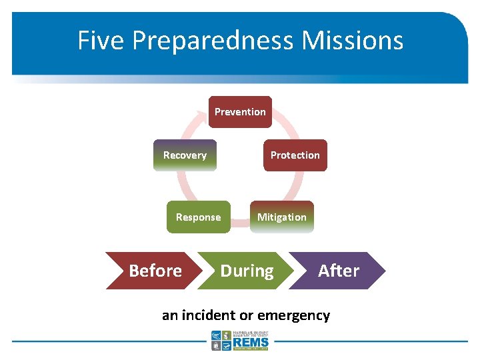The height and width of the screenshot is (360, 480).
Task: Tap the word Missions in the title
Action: pyautogui.click(x=352, y=40)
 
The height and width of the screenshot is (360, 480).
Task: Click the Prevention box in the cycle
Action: pyautogui.click(x=240, y=112)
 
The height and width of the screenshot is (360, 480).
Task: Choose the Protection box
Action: pyautogui.click(x=295, y=155)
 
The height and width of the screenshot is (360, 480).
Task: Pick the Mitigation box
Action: pyautogui.click(x=281, y=217)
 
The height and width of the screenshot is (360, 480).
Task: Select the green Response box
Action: pyautogui.click(x=198, y=217)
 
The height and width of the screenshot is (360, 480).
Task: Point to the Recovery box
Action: pyautogui.click(x=185, y=155)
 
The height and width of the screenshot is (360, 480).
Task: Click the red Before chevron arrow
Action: pyautogui.click(x=153, y=271)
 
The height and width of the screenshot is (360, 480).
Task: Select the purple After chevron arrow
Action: pyautogui.click(x=339, y=271)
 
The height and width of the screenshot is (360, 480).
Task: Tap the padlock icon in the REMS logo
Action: pyautogui.click(x=216, y=346)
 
